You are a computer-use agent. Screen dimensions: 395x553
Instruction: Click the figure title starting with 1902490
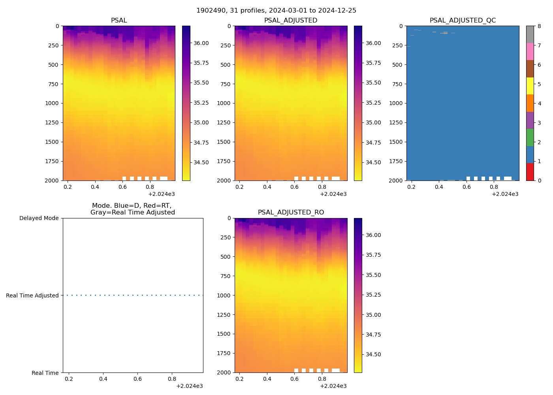pyautogui.click(x=276, y=11)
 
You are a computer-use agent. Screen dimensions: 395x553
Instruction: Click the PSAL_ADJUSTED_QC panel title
pyautogui.click(x=463, y=21)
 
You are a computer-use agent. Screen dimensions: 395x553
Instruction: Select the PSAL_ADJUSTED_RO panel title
pyautogui.click(x=291, y=213)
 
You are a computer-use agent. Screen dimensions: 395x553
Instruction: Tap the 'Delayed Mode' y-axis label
pyautogui.click(x=39, y=218)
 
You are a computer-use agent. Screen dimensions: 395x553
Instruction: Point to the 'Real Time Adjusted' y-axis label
pyautogui.click(x=32, y=295)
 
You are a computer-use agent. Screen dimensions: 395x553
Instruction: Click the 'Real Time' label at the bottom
pyautogui.click(x=45, y=373)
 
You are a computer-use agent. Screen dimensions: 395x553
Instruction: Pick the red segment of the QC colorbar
pyautogui.click(x=530, y=172)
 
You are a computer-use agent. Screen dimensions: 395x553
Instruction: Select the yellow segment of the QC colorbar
pyautogui.click(x=530, y=86)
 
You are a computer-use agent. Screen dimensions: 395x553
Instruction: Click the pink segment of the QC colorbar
pyautogui.click(x=530, y=51)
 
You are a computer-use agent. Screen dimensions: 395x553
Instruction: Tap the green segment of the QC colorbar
pyautogui.click(x=530, y=137)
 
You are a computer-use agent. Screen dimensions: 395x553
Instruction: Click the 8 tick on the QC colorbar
pyautogui.click(x=539, y=26)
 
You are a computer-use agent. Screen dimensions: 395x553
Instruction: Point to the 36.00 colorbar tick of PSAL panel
pyautogui.click(x=201, y=43)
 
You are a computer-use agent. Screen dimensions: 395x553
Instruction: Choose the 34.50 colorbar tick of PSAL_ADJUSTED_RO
pyautogui.click(x=373, y=354)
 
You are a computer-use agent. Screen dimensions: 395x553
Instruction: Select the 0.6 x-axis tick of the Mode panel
pyautogui.click(x=137, y=379)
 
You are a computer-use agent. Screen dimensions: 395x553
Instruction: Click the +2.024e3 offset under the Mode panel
pyautogui.click(x=189, y=386)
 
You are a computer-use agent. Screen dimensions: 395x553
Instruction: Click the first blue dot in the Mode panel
pyautogui.click(x=67, y=295)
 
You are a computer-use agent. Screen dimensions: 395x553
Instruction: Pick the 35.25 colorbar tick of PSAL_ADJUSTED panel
pyautogui.click(x=373, y=103)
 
